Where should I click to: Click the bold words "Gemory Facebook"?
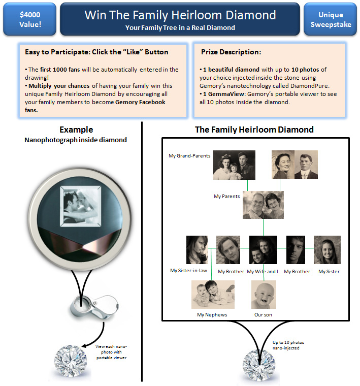[x=140, y=102]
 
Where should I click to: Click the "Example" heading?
[x=76, y=130]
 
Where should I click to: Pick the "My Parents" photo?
[x=263, y=205]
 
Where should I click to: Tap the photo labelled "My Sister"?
[x=327, y=250]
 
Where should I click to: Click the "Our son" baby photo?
[x=264, y=295]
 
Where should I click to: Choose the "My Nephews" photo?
[x=213, y=295]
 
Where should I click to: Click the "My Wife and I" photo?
[x=263, y=250]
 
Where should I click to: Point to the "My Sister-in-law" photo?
[x=197, y=250]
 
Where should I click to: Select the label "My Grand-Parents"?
[x=189, y=156]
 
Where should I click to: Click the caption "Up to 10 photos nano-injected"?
[x=289, y=345]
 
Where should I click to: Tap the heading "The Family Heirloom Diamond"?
[x=254, y=130]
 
